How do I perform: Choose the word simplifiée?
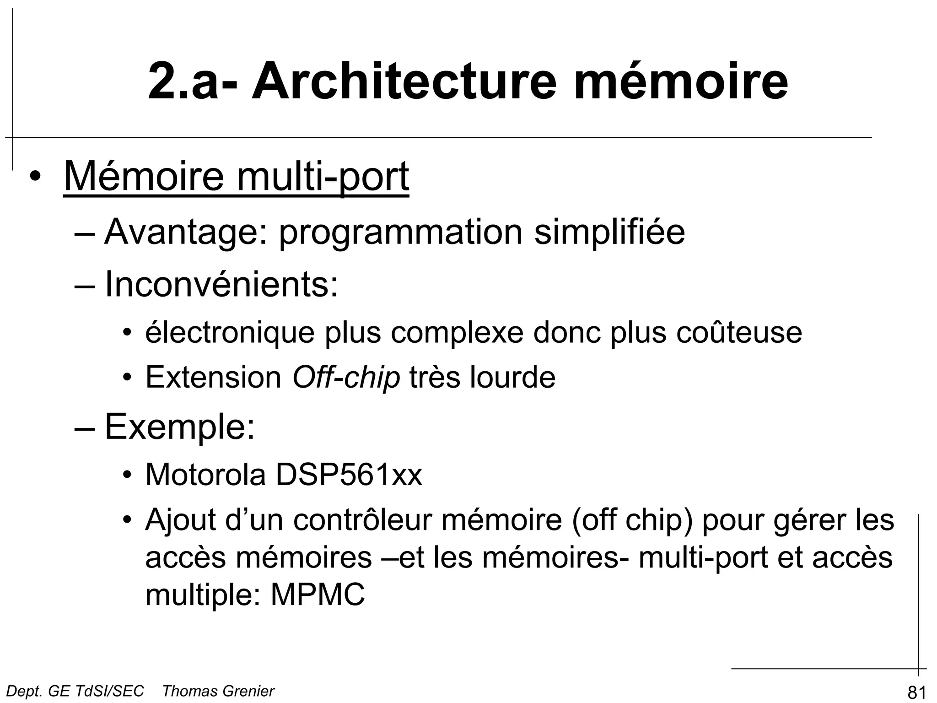(x=609, y=233)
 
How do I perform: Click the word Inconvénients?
(x=222, y=285)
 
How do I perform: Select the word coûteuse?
(x=739, y=333)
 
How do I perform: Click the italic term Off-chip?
(x=346, y=378)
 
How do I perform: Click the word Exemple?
(x=180, y=427)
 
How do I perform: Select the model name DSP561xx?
(x=349, y=475)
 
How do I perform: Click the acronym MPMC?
(x=318, y=595)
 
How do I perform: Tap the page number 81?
(x=916, y=692)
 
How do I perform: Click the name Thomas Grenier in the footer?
(x=218, y=691)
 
